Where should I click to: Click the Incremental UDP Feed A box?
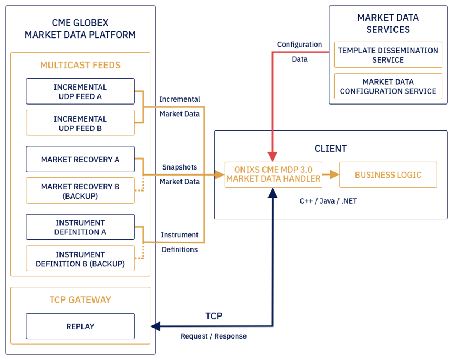80,91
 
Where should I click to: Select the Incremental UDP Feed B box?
80,123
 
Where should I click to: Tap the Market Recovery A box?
80,159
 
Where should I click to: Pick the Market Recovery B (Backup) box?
80,191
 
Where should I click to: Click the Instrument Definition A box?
80,227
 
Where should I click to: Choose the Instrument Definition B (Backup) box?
80,259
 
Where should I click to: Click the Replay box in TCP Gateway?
80,326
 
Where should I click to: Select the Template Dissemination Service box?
388,55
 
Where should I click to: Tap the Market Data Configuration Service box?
388,86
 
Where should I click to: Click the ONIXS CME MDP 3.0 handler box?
274,174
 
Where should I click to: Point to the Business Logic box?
388,174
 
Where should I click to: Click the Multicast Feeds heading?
80,65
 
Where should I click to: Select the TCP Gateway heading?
80,300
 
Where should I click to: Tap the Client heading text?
331,149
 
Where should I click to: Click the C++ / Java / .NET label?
328,201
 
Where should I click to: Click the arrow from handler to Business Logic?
331,174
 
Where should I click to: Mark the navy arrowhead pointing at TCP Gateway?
156,326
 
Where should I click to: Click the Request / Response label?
214,336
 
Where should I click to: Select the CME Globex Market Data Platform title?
80,29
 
